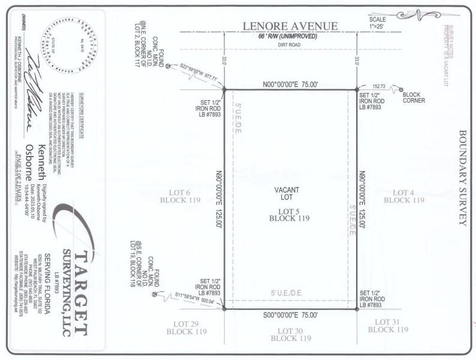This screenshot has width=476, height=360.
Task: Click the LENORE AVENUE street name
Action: tap(291, 26)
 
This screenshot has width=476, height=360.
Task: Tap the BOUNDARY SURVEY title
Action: tap(462, 177)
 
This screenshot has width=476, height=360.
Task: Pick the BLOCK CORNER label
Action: tap(414, 97)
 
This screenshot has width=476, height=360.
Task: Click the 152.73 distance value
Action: tap(381, 86)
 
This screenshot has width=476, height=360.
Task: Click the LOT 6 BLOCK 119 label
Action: tap(176, 196)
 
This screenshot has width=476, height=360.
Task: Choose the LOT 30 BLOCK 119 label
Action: tap(291, 335)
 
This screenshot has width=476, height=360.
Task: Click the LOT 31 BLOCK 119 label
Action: tap(388, 326)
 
